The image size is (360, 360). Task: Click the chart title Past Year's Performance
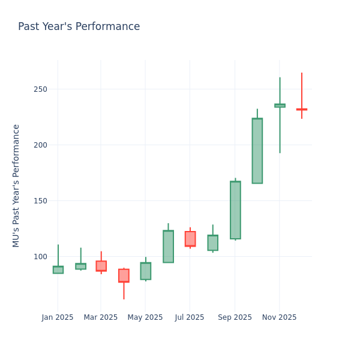(x=79, y=27)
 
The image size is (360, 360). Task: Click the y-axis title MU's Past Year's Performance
(x=16, y=185)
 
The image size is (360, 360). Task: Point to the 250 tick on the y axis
(x=41, y=89)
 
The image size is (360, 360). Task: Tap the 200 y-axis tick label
(x=41, y=145)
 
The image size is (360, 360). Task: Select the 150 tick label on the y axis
(x=41, y=201)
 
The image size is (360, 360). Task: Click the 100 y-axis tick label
(x=41, y=257)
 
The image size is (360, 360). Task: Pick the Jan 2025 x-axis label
(x=58, y=317)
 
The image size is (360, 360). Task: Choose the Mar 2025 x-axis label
(x=101, y=317)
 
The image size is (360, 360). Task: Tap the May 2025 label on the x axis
(x=145, y=317)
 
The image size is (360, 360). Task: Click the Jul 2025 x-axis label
(x=190, y=317)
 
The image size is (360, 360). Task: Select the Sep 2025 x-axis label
(x=235, y=317)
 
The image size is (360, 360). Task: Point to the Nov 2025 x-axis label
(x=279, y=317)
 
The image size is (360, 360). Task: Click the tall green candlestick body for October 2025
(x=257, y=151)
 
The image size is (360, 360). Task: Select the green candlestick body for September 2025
(x=235, y=210)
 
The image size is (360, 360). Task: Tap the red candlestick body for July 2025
(x=190, y=239)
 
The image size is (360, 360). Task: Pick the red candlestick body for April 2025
(x=124, y=275)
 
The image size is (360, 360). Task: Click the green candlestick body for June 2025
(x=168, y=247)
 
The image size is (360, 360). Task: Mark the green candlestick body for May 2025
(x=146, y=271)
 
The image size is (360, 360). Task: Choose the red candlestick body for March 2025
(x=101, y=266)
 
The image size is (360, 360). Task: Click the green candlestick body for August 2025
(x=212, y=243)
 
